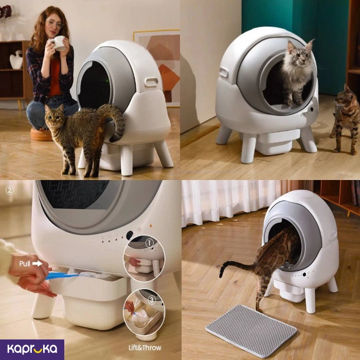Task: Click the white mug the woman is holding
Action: [x=59, y=43]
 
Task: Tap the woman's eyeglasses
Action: [x=54, y=24]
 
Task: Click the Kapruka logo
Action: [x=32, y=349]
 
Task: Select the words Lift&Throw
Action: [x=145, y=348]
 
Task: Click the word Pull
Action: [x=25, y=263]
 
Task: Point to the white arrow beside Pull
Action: [x=37, y=263]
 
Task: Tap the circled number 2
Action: [x=9, y=190]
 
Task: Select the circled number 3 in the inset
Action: [x=152, y=299]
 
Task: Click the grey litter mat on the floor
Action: [x=251, y=331]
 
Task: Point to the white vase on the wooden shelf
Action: [x=16, y=60]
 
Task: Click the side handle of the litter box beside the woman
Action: [x=151, y=82]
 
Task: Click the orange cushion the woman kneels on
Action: [x=42, y=135]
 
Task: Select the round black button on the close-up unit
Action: [x=130, y=235]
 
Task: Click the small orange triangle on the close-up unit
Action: [x=151, y=226]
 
